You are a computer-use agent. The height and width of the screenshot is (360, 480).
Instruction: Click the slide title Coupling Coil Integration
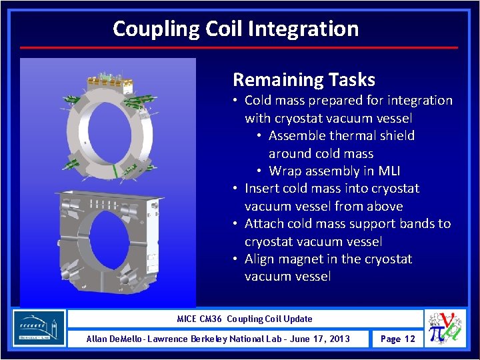235,29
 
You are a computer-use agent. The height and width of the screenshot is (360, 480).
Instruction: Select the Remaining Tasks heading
303,80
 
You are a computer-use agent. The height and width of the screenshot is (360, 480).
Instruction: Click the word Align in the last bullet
261,259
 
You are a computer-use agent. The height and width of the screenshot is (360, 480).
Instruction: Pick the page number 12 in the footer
409,339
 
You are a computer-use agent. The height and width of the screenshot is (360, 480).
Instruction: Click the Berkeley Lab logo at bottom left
39,328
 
